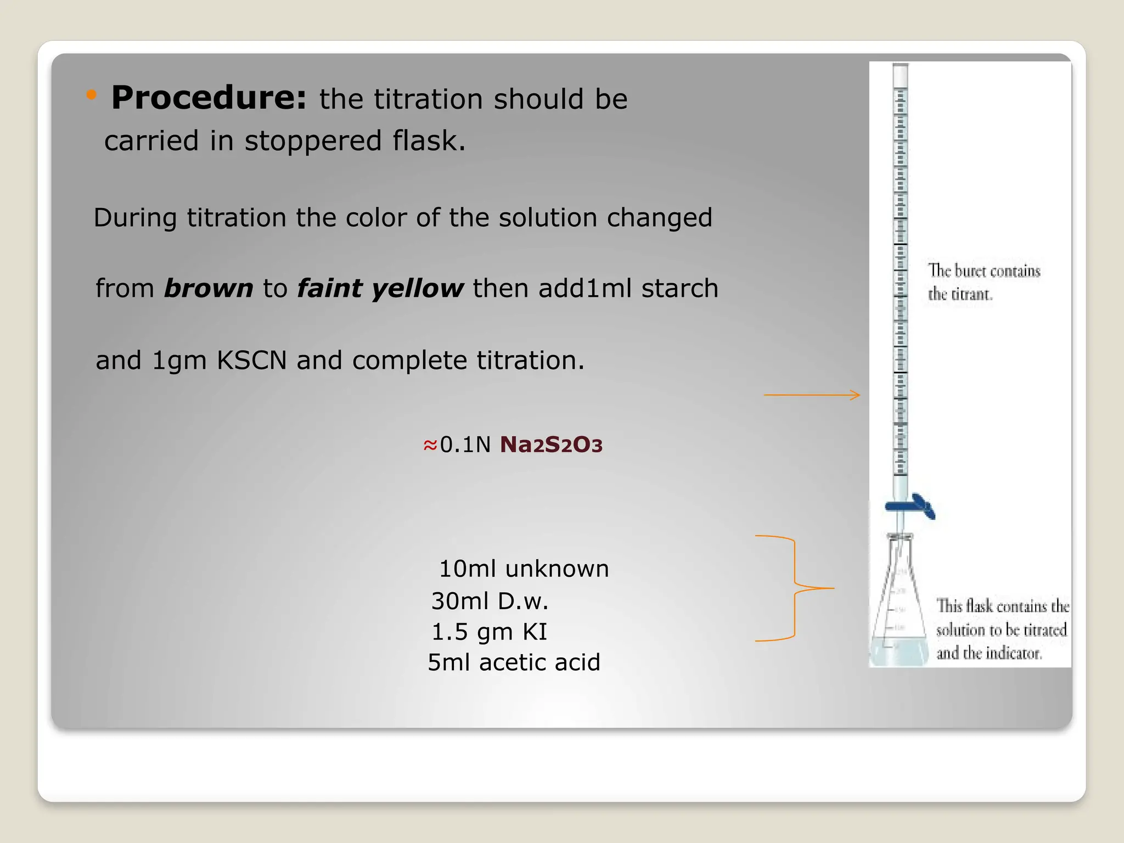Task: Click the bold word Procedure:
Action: click(209, 98)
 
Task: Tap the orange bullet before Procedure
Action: click(92, 95)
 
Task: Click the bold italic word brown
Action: click(208, 288)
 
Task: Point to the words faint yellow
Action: click(380, 288)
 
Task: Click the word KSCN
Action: click(251, 361)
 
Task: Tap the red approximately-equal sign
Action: click(430, 445)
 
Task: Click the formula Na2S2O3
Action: click(551, 445)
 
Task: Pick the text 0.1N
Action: click(465, 445)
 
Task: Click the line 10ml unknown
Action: click(524, 569)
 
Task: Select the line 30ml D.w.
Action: click(490, 601)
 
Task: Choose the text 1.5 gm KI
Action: click(489, 632)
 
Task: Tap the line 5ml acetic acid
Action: click(514, 662)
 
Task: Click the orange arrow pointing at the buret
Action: click(812, 395)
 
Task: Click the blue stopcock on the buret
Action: click(911, 506)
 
